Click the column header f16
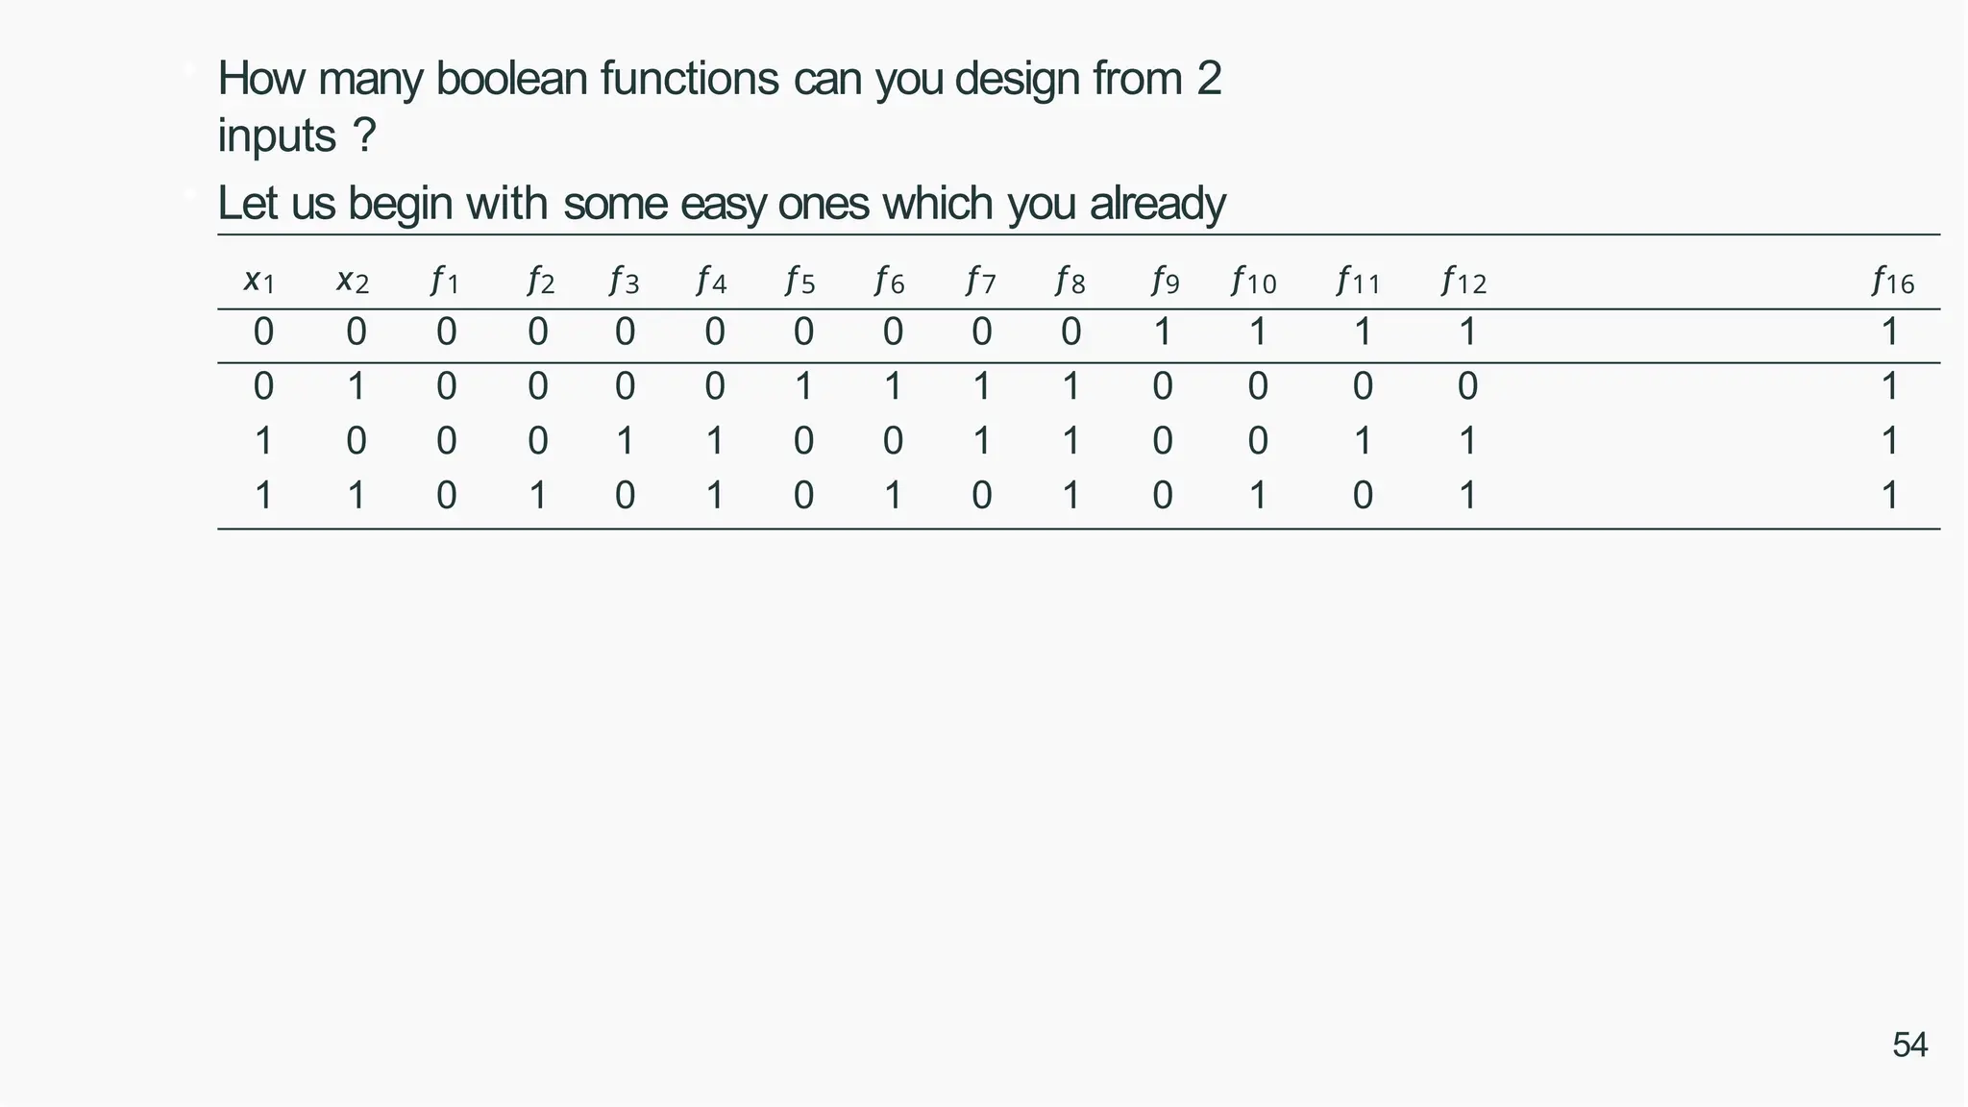[x=1892, y=282]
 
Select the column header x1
[x=259, y=282]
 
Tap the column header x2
[x=353, y=282]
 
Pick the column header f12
[x=1464, y=282]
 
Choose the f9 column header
[x=1165, y=282]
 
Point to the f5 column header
[x=800, y=282]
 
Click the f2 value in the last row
[x=538, y=496]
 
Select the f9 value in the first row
[x=1163, y=332]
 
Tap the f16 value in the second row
[x=1889, y=387]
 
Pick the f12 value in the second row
[x=1466, y=387]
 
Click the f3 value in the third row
[x=625, y=442]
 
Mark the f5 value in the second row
[x=803, y=387]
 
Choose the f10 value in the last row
[x=1257, y=496]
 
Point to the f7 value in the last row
[x=981, y=496]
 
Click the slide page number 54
[x=1909, y=1045]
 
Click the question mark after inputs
[x=364, y=136]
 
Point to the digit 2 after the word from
[x=1209, y=79]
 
